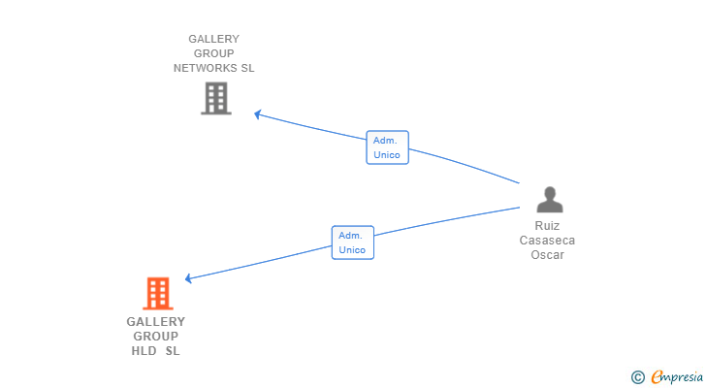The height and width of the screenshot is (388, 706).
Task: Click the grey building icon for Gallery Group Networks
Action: (216, 98)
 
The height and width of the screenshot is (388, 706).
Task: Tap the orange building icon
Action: (158, 294)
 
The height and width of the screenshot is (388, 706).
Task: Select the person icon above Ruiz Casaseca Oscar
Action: (550, 200)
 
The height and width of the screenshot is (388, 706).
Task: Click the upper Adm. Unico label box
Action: (387, 147)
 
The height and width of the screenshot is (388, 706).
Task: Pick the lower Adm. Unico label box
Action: (353, 242)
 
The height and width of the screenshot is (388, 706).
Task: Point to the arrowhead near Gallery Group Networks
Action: (258, 114)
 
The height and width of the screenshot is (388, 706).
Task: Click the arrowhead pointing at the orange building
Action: (189, 278)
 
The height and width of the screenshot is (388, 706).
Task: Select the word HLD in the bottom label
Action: (144, 351)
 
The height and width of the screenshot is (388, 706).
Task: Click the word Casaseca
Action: (547, 241)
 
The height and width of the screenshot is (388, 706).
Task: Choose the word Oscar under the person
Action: (547, 255)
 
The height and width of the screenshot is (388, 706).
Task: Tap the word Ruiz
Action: (547, 225)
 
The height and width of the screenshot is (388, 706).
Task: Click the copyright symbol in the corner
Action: (637, 377)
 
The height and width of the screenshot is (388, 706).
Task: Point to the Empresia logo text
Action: (677, 376)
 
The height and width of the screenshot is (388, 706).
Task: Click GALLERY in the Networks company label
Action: (214, 39)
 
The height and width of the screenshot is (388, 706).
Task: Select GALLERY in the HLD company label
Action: (156, 322)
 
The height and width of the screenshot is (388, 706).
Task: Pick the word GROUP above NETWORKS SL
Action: (214, 53)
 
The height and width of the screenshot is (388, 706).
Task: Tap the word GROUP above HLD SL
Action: (156, 337)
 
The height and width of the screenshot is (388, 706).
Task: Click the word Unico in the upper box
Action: (387, 155)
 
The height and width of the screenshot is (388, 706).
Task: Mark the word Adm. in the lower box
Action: (350, 236)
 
